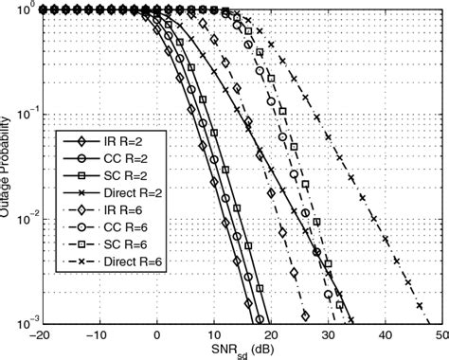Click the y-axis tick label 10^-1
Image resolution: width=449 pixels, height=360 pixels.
(21, 114)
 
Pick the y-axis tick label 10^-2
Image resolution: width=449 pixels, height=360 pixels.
(21, 219)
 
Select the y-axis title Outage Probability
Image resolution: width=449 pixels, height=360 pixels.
(7, 166)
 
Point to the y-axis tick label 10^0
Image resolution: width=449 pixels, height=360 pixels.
(23, 9)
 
